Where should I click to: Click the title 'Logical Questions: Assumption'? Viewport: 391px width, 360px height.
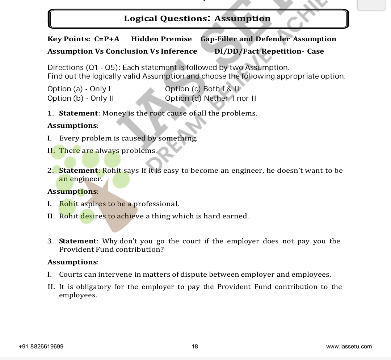[197, 18]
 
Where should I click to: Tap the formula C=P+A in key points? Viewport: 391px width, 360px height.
[107, 39]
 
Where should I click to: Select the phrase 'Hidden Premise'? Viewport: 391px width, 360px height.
[161, 39]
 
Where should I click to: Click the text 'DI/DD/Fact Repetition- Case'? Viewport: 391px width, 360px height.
[269, 51]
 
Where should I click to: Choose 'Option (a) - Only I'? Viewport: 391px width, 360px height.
[79, 89]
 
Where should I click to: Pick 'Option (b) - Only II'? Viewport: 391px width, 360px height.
[81, 99]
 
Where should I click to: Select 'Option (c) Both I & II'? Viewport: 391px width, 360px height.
[202, 89]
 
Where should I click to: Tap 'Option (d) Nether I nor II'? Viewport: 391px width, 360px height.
[210, 99]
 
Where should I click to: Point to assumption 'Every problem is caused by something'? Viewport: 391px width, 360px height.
[128, 138]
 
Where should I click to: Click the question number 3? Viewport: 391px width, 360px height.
[50, 241]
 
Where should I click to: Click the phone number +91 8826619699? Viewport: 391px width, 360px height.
[41, 347]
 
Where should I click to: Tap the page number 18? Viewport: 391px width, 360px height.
[195, 347]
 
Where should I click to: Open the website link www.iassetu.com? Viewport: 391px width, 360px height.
[349, 347]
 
